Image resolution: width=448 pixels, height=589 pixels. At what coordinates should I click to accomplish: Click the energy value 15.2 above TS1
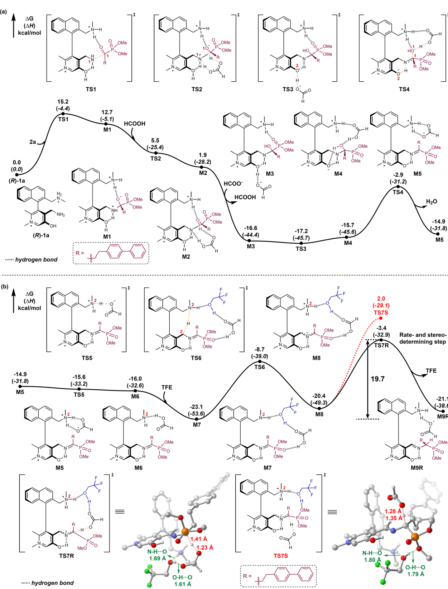click(x=63, y=102)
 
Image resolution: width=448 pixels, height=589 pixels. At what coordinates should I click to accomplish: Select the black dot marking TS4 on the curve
click(x=398, y=187)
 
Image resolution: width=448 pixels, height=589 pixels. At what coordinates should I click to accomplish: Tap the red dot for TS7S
click(x=381, y=319)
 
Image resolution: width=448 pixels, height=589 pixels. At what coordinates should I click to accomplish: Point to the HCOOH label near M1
click(x=135, y=124)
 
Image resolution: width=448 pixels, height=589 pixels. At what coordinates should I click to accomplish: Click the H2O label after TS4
click(x=432, y=202)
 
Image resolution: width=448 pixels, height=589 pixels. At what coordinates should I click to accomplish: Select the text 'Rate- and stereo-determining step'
click(x=423, y=338)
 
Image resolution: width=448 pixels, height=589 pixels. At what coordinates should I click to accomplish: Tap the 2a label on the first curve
click(x=33, y=142)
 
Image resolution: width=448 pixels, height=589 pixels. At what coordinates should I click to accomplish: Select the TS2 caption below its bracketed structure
click(x=197, y=89)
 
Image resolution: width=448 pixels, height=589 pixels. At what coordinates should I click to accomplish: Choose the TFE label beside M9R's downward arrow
click(x=431, y=370)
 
